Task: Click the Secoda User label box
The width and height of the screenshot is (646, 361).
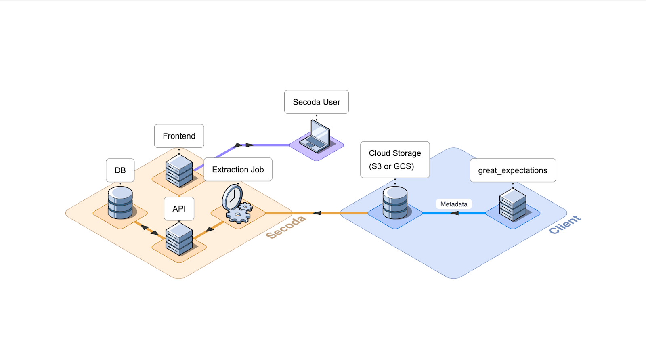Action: (316, 102)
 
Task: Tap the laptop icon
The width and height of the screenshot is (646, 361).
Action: (318, 138)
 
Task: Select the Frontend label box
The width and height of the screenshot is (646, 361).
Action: (179, 136)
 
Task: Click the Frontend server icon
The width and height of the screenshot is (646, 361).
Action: (179, 171)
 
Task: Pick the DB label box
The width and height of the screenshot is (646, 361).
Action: (120, 170)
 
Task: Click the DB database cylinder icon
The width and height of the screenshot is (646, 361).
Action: (120, 203)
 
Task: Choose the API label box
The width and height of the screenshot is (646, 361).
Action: (179, 209)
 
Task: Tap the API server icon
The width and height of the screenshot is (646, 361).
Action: (179, 239)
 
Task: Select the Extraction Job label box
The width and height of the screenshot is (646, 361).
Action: (238, 170)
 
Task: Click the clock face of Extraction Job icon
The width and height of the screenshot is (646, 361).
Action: (233, 197)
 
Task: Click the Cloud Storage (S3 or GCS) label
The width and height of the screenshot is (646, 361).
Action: (394, 160)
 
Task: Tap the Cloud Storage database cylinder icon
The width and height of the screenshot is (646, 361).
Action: (395, 203)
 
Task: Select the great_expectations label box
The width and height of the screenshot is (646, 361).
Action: (513, 170)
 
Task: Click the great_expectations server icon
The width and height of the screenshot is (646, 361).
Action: (513, 205)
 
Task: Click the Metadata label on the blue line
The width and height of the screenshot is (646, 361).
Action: (454, 204)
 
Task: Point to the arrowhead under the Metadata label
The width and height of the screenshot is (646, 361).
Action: (454, 213)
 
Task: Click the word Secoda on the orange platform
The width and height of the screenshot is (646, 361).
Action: (285, 227)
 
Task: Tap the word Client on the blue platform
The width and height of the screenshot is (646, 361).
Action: (564, 225)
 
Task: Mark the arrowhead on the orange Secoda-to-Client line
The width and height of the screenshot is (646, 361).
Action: (317, 213)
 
